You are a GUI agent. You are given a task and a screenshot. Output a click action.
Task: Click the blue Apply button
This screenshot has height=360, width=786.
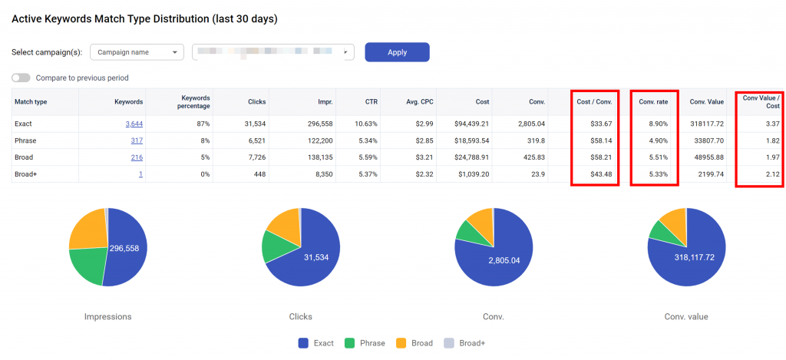pos(397,52)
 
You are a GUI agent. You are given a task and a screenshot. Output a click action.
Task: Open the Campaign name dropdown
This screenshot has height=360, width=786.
pos(137,52)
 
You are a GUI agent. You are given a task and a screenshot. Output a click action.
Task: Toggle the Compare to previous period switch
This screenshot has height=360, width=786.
pos(21,78)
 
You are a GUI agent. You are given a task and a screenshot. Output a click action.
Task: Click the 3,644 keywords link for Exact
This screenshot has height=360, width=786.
pos(134,124)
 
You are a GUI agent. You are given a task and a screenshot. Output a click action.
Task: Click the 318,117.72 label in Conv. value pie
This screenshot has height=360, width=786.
pos(695,257)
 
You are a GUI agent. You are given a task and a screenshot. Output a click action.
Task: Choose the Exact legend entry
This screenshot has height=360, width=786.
pos(316,343)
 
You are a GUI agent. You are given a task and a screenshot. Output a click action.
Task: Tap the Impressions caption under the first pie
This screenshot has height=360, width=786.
pos(107,316)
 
